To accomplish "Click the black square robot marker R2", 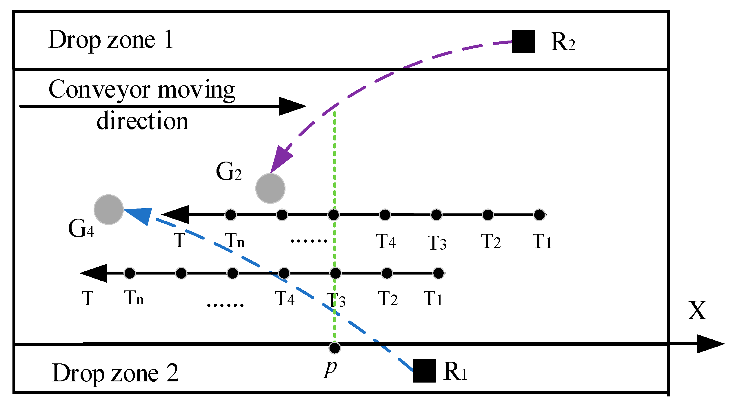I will [x=523, y=42].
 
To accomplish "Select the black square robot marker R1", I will [x=424, y=371].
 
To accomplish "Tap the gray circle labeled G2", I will [x=270, y=189].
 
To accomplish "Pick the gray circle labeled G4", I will [x=109, y=209].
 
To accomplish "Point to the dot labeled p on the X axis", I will [x=335, y=348].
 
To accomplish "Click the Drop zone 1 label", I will [x=111, y=40].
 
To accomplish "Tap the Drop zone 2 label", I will [x=115, y=373].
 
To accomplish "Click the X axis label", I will [x=697, y=311].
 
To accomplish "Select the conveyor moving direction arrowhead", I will [x=291, y=106].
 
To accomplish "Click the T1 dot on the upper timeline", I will [x=539, y=215].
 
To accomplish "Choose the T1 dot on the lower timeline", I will [x=439, y=273].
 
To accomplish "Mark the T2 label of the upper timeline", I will [x=491, y=241].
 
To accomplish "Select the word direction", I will [x=142, y=121].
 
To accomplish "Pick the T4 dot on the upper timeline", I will [x=385, y=215].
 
